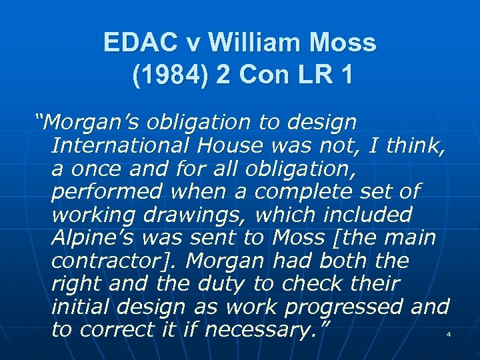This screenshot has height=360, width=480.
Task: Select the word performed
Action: coord(107,191)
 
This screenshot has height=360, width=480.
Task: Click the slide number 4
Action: coord(449,334)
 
